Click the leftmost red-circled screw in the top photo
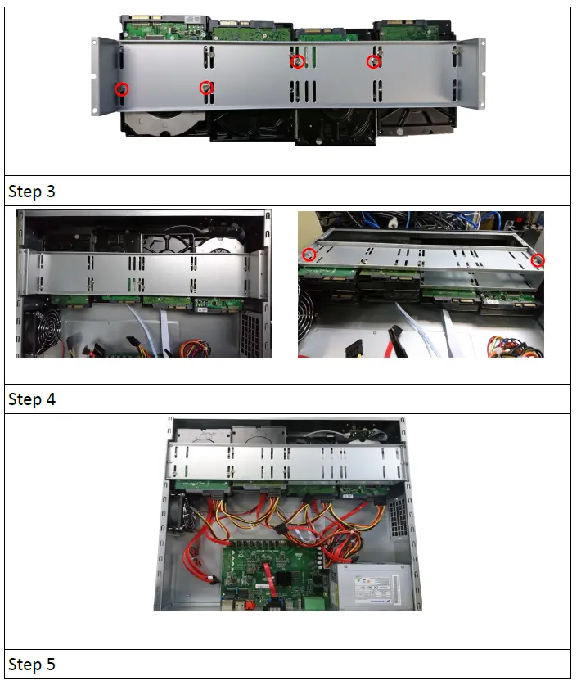click(x=121, y=88)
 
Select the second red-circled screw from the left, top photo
click(x=207, y=88)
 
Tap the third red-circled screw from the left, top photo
click(x=298, y=62)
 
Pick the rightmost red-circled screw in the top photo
click(x=373, y=62)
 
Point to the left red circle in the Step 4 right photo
click(x=309, y=255)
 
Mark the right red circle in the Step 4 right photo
click(x=538, y=260)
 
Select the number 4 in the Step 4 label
click(x=48, y=399)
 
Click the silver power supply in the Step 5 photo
click(x=372, y=587)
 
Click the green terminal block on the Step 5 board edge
click(x=310, y=604)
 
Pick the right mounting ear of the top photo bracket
click(x=472, y=74)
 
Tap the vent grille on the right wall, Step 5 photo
click(x=397, y=516)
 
